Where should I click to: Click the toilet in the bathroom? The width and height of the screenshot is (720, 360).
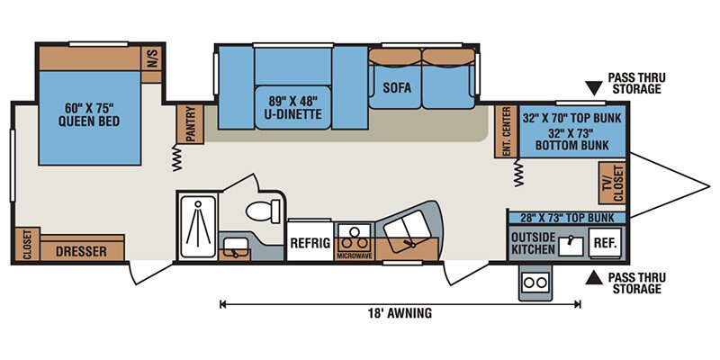[263, 211]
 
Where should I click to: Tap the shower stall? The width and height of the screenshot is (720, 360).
[198, 227]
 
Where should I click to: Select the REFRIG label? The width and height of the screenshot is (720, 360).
[310, 243]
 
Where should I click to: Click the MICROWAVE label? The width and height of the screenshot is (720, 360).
[354, 255]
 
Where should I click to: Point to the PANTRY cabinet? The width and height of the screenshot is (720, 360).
[190, 123]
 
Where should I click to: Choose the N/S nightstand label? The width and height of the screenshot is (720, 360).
[152, 58]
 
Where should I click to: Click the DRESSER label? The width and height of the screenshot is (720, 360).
[81, 252]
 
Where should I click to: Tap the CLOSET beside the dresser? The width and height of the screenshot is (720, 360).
[27, 245]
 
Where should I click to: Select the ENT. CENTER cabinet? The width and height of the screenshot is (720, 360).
[506, 131]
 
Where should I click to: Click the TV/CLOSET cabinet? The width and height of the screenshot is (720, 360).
[612, 183]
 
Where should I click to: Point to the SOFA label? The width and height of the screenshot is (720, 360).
[397, 87]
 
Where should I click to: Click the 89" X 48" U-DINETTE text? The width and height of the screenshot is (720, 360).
[294, 107]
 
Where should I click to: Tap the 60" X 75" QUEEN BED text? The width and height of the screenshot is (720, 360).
[89, 115]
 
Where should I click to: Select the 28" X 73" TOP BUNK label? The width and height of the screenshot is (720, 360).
[566, 217]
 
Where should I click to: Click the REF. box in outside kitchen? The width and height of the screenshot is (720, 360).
[605, 243]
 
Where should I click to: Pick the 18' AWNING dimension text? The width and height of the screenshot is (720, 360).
[400, 313]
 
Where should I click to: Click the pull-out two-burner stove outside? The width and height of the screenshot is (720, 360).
[535, 282]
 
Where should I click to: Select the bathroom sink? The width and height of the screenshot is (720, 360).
[234, 247]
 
